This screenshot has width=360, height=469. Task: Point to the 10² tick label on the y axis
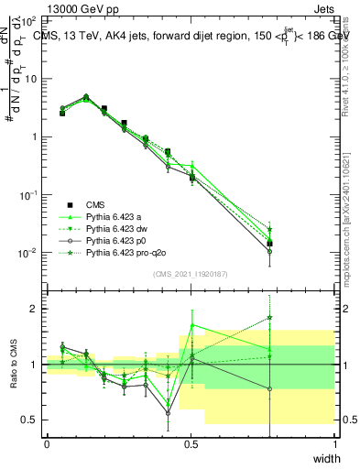coord(28,19)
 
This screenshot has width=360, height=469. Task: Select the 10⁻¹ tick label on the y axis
coord(28,195)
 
